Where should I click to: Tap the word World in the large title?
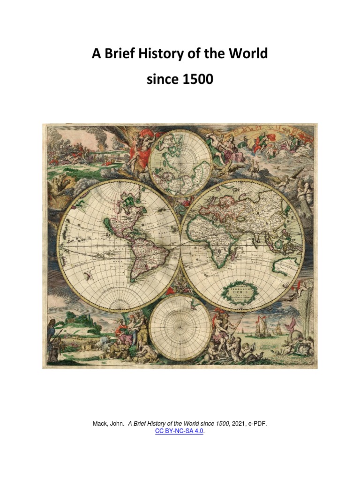pos(245,54)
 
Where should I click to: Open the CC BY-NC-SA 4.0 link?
pos(180,431)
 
